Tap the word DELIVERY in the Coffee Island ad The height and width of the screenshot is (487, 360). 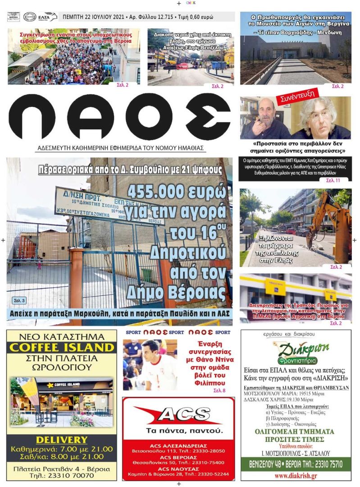click(62, 440)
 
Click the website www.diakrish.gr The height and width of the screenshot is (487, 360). click(295, 476)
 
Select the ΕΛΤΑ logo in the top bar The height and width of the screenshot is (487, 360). click(48, 17)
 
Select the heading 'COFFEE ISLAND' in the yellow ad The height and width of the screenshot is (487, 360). click(62, 347)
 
